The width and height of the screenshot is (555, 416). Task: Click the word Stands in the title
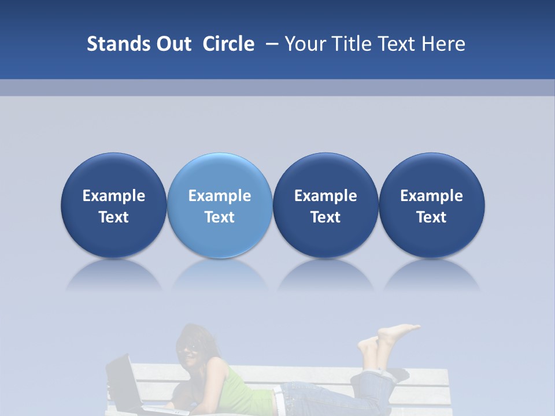(110, 43)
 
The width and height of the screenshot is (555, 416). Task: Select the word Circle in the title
(228, 43)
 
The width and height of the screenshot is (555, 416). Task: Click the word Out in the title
(172, 43)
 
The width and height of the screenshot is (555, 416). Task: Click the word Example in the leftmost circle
(113, 196)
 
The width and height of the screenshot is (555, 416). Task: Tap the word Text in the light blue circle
(219, 217)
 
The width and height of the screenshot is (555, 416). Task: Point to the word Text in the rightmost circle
(431, 217)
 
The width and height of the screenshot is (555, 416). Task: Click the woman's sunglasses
(190, 348)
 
